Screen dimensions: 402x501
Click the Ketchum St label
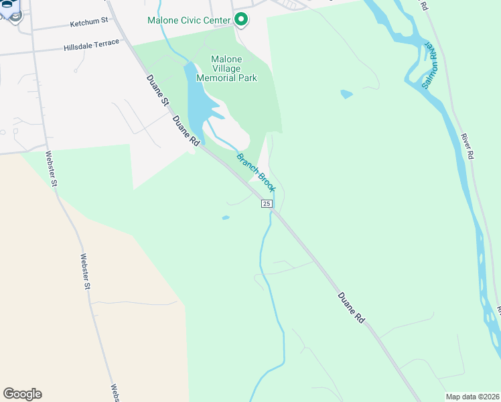[x=89, y=22]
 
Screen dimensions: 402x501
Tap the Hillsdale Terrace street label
[x=92, y=46]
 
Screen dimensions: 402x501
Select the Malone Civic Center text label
[x=189, y=19]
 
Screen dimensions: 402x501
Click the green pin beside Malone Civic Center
[x=240, y=19]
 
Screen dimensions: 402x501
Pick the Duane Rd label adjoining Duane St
[x=186, y=132]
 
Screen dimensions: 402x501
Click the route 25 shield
[x=267, y=204]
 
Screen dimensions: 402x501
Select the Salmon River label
[x=429, y=66]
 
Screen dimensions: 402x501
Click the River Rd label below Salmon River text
[x=467, y=146]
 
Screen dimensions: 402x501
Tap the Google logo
[x=22, y=394]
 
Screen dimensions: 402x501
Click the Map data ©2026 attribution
[x=472, y=397]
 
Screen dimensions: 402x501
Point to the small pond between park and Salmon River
[x=346, y=94]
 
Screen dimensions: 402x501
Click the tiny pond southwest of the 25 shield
[x=225, y=217]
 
